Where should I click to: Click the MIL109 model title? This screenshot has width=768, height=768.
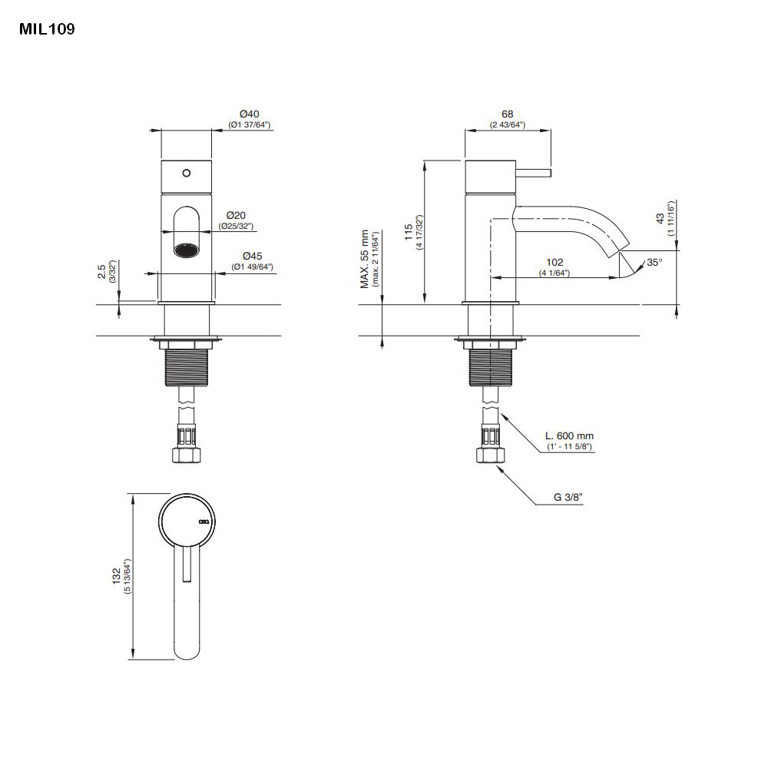[x=47, y=29]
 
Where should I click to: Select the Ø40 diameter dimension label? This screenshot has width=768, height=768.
[x=250, y=114]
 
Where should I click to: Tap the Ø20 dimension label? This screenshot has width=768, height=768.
[x=236, y=216]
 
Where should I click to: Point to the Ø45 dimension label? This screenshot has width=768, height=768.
[x=252, y=257]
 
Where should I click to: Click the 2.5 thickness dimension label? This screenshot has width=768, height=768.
[x=102, y=271]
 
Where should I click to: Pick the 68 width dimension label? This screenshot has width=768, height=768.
[x=508, y=114]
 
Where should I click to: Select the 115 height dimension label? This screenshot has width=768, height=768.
[x=409, y=232]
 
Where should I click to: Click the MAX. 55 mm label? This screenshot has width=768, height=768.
[x=364, y=259]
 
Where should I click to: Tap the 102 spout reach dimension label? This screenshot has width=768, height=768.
[x=554, y=263]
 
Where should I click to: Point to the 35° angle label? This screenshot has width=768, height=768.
[x=654, y=263]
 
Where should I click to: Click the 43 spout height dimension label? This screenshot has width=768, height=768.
[x=660, y=218]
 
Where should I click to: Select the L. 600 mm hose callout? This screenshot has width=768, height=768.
[x=569, y=436]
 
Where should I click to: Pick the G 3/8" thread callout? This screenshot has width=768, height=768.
[x=568, y=497]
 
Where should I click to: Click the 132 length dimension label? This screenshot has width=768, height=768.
[x=117, y=576]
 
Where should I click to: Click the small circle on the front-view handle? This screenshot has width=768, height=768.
[x=186, y=173]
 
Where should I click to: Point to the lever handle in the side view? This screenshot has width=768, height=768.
[x=534, y=173]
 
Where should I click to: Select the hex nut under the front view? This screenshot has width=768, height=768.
[x=186, y=456]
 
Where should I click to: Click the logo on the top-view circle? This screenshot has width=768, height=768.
[x=204, y=521]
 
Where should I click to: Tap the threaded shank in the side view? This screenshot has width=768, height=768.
[x=490, y=367]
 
